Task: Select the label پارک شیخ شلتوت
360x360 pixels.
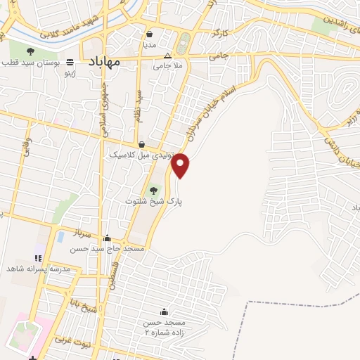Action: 153,201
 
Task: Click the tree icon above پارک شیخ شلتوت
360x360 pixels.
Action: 153,190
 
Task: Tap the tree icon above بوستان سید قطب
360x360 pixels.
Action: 30,51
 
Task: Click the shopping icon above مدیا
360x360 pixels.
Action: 149,33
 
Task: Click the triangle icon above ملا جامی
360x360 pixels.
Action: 167,56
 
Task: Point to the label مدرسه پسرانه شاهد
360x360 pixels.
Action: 39,269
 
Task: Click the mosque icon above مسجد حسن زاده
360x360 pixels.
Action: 164,311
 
